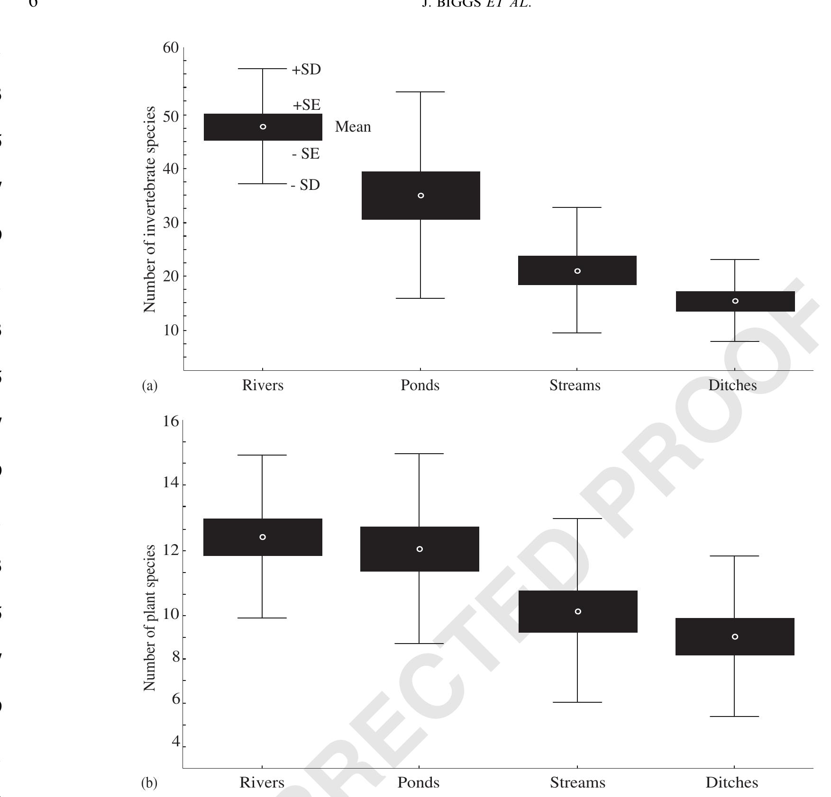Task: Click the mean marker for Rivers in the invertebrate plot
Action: click(263, 127)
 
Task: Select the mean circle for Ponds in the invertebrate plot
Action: click(421, 196)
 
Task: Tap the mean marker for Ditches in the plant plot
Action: click(735, 636)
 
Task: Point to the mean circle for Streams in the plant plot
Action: click(578, 611)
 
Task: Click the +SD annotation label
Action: click(306, 70)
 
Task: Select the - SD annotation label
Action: click(305, 185)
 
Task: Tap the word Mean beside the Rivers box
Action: click(353, 127)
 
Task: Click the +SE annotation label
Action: click(306, 105)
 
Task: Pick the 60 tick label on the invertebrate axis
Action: click(171, 48)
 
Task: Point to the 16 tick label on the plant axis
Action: click(171, 421)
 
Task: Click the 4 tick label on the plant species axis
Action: click(176, 741)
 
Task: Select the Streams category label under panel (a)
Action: click(575, 385)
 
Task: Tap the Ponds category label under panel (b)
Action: click(419, 783)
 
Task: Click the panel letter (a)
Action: click(150, 386)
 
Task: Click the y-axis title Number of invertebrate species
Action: click(150, 209)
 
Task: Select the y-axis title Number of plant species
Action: click(150, 618)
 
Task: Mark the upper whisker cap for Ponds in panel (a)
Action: click(420, 92)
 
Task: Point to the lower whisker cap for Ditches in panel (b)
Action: click(734, 716)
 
